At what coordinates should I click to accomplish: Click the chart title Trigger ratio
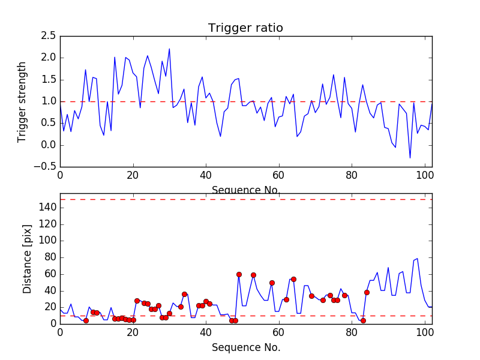click(245, 28)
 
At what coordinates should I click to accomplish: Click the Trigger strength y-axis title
click(22, 101)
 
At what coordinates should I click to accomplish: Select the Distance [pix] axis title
click(28, 258)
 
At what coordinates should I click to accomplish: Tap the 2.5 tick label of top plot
click(49, 36)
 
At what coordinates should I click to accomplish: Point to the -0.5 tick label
click(46, 167)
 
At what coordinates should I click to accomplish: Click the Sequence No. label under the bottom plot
click(246, 347)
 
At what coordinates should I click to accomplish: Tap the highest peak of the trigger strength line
click(169, 49)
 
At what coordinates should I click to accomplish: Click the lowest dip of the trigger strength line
click(410, 158)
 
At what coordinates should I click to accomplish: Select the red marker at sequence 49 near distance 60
click(239, 274)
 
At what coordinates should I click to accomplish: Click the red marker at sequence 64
click(293, 279)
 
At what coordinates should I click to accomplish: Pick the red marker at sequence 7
click(86, 320)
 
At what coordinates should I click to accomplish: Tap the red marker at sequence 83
click(363, 320)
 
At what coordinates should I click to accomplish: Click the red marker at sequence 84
click(367, 292)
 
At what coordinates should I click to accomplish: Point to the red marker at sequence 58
click(272, 283)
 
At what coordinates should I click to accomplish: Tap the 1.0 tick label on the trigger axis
click(49, 101)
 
